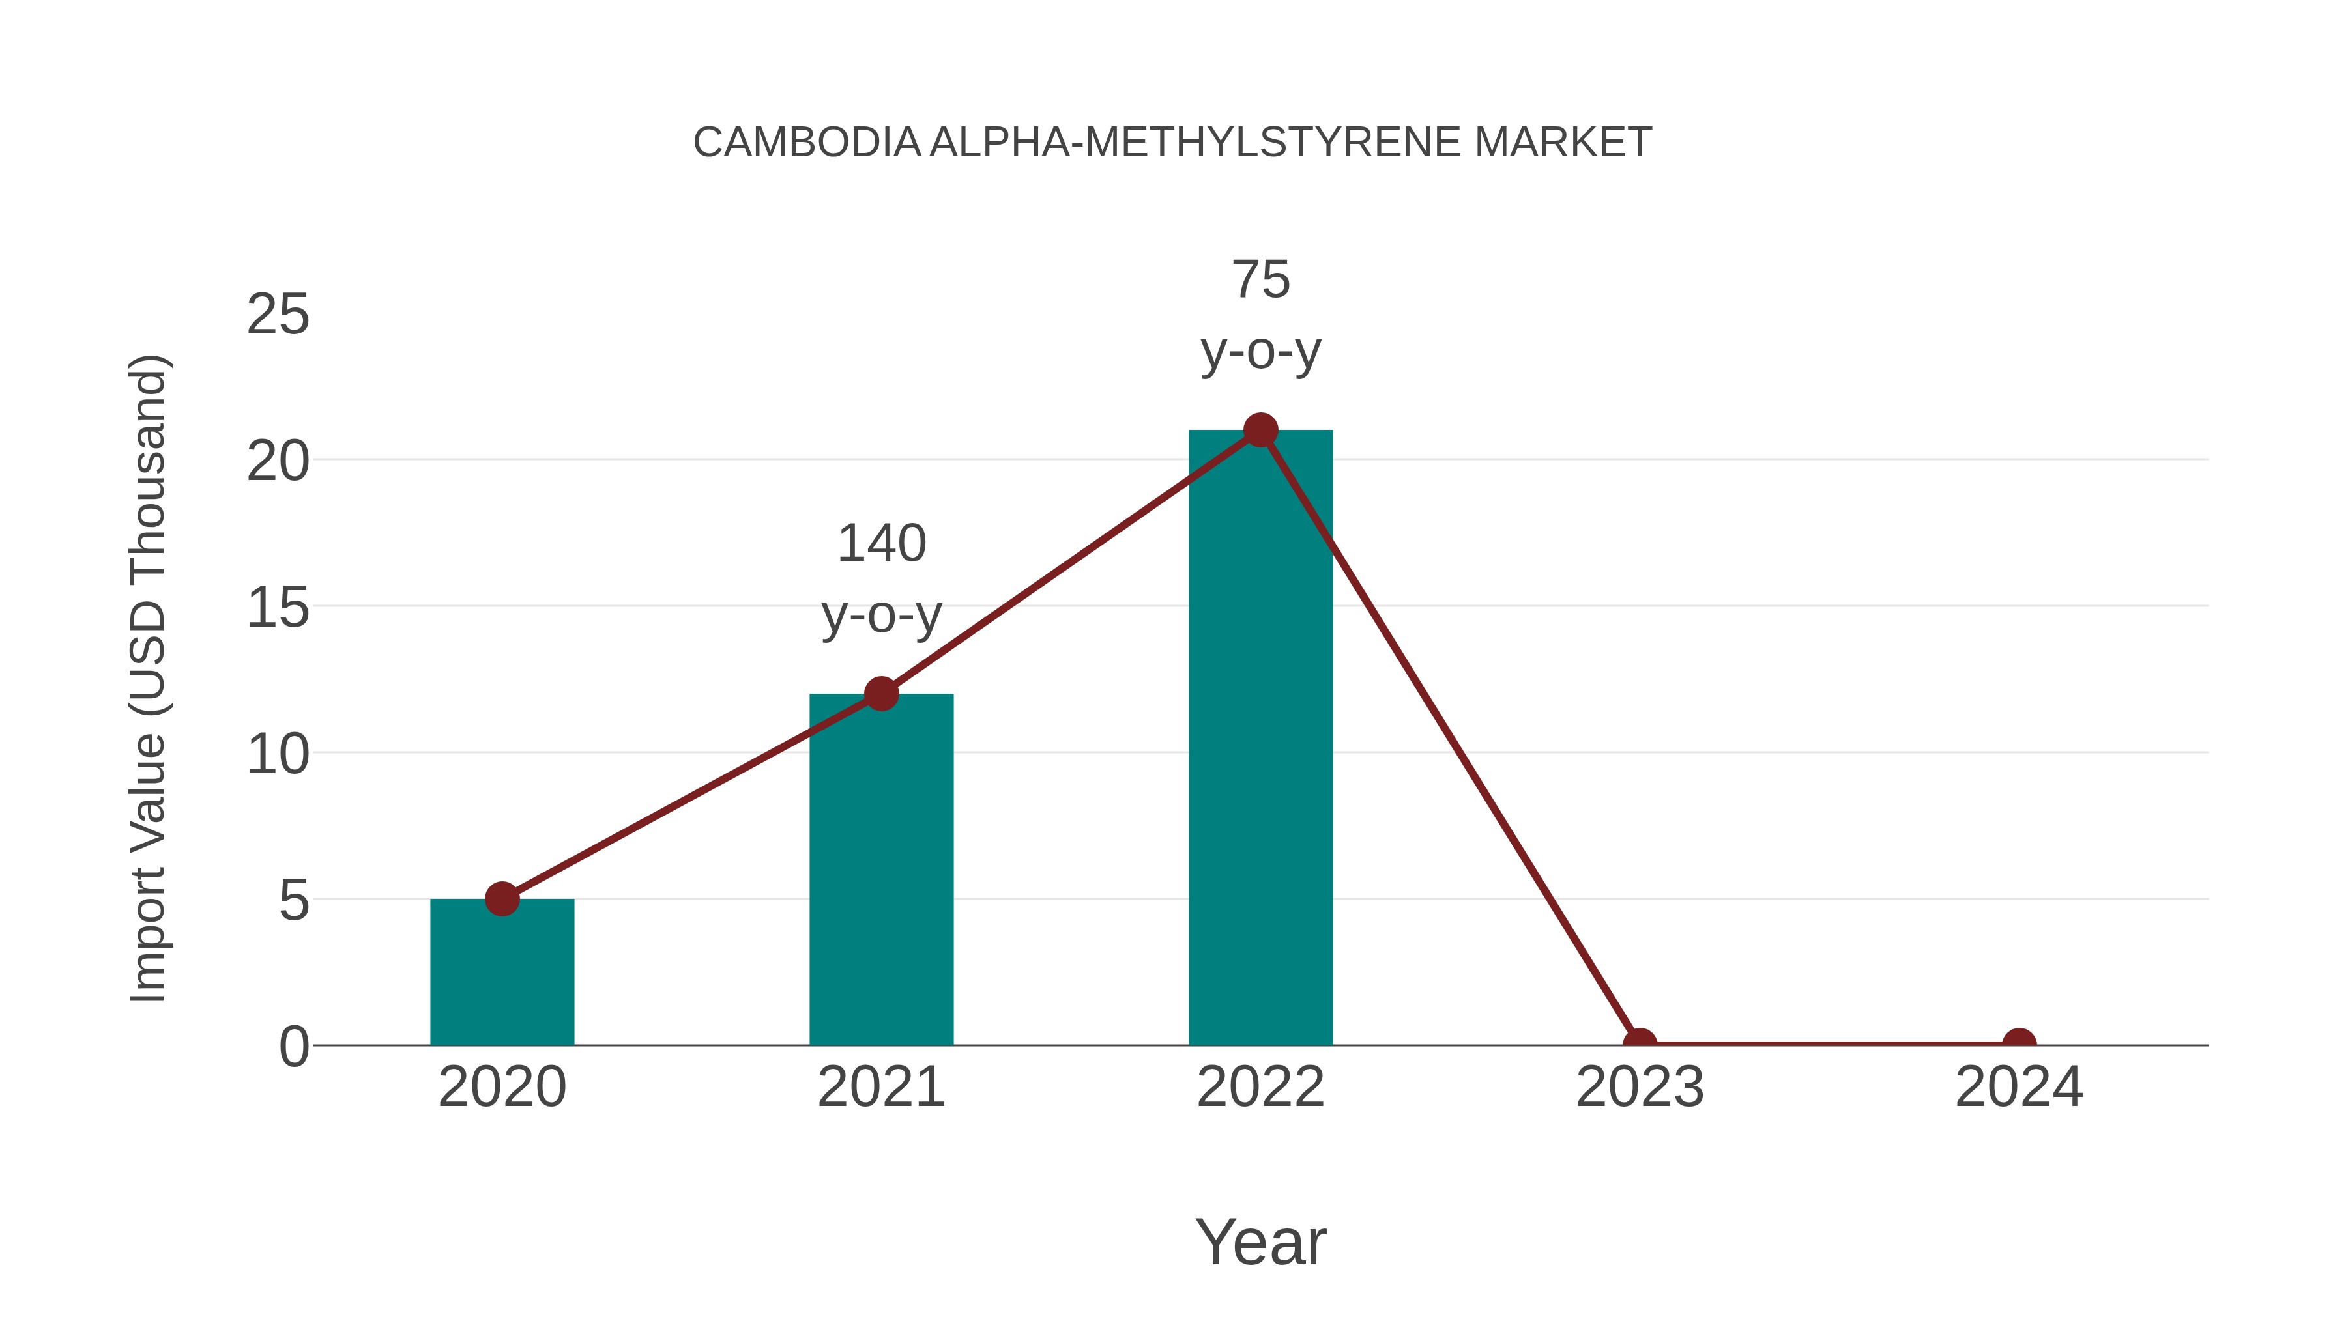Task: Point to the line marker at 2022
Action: [1260, 430]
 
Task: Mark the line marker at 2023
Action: [1640, 1043]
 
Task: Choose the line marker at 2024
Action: [2019, 1043]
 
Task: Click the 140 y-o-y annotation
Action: [882, 579]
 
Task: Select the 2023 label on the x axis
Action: [1640, 1087]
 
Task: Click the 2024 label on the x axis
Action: [2019, 1087]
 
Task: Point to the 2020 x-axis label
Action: [502, 1087]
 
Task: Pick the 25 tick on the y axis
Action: [278, 315]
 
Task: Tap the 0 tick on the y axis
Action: [294, 1047]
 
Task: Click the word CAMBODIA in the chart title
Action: [807, 143]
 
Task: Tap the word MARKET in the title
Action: [1563, 143]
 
